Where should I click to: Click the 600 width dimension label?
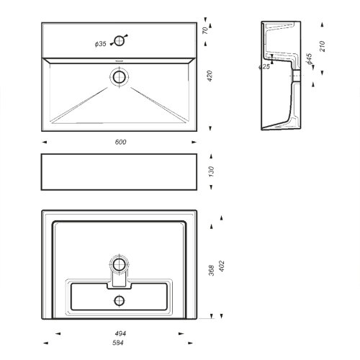(120, 142)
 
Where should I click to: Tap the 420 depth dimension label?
(210, 76)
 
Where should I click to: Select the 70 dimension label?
(205, 30)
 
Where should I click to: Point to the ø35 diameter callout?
(101, 44)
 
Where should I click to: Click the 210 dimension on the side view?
(323, 46)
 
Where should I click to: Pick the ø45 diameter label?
(309, 59)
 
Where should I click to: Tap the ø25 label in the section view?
(264, 67)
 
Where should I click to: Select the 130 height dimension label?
(211, 171)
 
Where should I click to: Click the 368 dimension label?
(211, 270)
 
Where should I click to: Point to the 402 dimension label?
(221, 266)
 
